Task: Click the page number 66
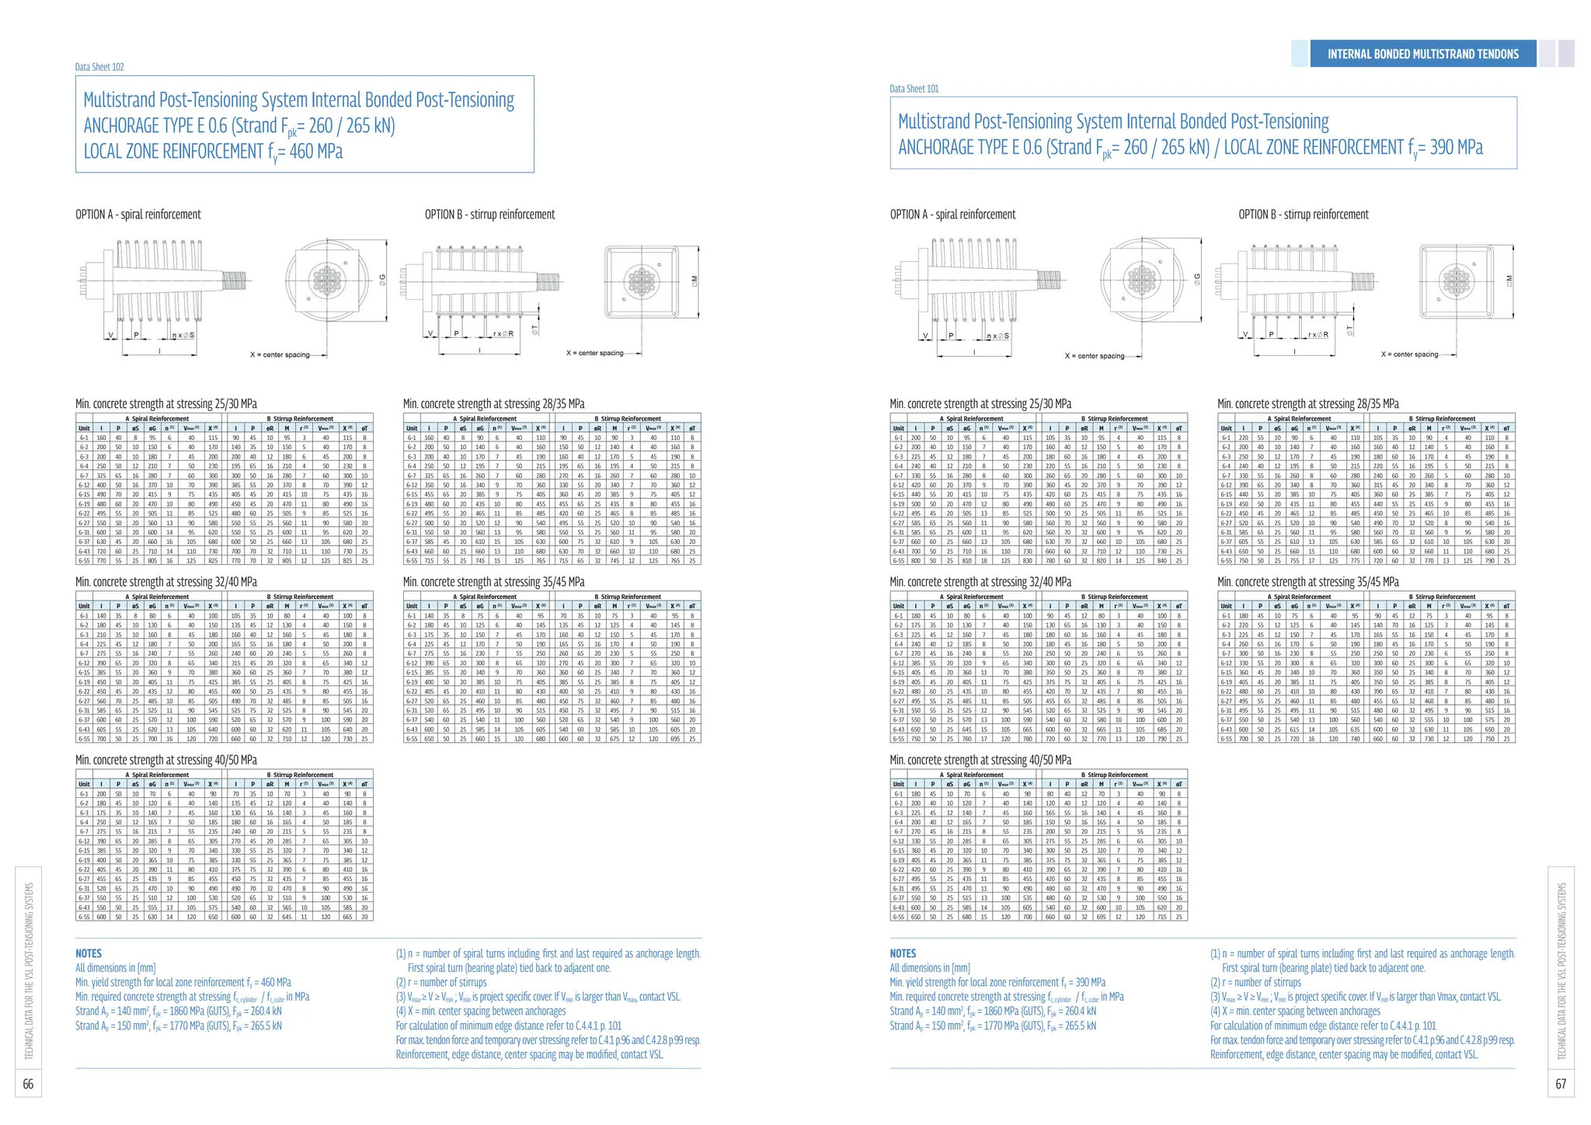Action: coord(28,1084)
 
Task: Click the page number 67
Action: coord(1561,1084)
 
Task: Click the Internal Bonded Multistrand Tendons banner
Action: coord(1422,54)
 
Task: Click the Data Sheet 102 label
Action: coord(99,67)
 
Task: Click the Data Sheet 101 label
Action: coord(914,89)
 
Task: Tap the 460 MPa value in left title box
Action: coord(315,151)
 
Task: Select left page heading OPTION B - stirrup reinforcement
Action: coord(489,214)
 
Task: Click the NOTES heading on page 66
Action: coord(89,953)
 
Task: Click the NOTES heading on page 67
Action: coord(903,953)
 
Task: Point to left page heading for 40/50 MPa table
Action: coord(166,760)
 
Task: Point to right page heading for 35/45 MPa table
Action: coord(1308,582)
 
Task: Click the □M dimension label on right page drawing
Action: coord(1509,279)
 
